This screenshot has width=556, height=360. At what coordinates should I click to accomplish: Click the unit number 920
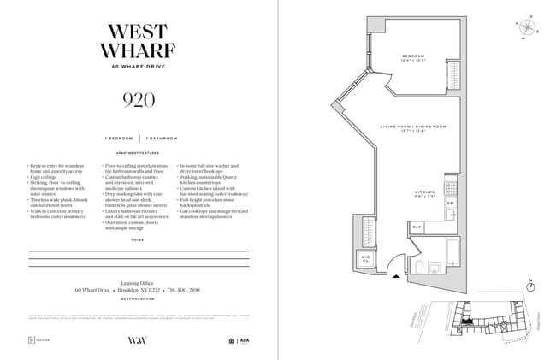tap(139, 100)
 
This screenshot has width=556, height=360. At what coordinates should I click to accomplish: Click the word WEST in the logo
tap(139, 29)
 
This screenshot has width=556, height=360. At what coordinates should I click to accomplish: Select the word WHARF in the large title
tap(139, 50)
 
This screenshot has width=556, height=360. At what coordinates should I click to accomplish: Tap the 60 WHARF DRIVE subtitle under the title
tap(139, 67)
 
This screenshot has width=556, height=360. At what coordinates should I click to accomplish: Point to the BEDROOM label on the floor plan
tap(413, 56)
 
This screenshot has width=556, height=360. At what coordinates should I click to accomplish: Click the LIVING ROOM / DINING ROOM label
tap(413, 127)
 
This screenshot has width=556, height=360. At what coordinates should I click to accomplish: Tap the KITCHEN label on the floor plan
tap(425, 192)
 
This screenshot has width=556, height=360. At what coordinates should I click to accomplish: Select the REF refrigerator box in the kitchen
tap(417, 227)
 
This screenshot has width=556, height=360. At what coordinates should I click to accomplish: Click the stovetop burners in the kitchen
tap(451, 186)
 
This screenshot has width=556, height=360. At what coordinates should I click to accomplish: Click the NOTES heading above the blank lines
tap(139, 240)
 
